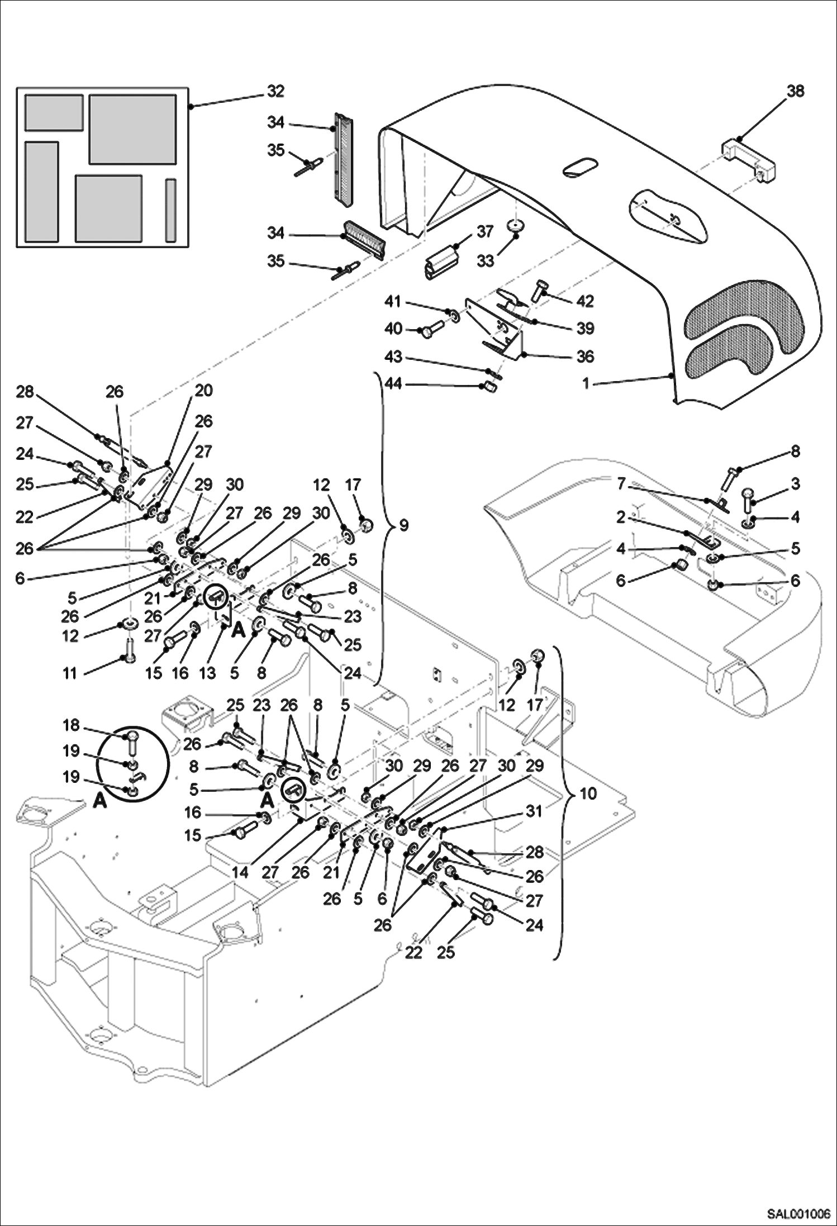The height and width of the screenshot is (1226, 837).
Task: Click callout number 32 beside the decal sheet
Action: [275, 91]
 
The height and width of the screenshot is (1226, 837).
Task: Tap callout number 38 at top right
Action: [796, 91]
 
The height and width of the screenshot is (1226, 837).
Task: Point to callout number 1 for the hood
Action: [586, 384]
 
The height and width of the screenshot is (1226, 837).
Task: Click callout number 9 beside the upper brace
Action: [404, 526]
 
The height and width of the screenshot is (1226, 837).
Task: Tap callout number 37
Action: [485, 231]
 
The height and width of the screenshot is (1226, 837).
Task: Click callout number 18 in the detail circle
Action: [72, 725]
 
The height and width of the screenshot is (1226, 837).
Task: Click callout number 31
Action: [535, 811]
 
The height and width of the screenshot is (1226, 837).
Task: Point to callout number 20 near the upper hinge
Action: [204, 390]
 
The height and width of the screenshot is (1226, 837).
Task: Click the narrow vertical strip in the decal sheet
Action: [170, 210]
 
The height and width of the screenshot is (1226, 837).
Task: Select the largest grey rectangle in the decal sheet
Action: [133, 129]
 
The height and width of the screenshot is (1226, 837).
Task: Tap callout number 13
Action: [207, 673]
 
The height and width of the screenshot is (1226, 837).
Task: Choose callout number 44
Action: [393, 384]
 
